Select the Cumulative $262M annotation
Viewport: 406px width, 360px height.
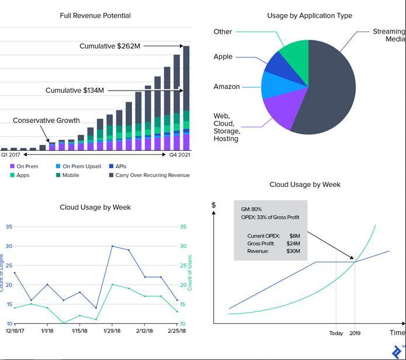tap(110, 46)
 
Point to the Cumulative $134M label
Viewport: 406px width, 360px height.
tap(75, 91)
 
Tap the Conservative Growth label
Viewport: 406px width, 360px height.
tap(46, 120)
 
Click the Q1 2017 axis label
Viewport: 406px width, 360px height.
tap(10, 155)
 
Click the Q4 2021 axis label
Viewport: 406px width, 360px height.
tap(180, 155)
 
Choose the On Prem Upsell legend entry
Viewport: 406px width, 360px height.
tap(82, 167)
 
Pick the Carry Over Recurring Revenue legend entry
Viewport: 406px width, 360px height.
tap(152, 175)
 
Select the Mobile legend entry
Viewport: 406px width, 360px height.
tap(71, 175)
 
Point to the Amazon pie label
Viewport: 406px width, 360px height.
tap(227, 86)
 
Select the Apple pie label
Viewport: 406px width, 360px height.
tap(223, 57)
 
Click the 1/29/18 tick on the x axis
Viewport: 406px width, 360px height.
tap(112, 331)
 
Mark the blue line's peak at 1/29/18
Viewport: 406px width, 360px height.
tap(112, 246)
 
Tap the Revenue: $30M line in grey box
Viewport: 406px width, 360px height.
tap(273, 251)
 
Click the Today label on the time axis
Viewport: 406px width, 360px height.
tap(336, 333)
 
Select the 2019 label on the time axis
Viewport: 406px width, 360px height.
tap(355, 333)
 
